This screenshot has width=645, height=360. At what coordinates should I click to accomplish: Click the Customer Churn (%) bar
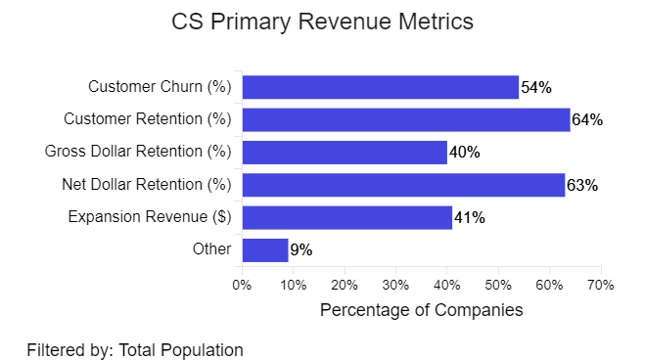pyautogui.click(x=380, y=87)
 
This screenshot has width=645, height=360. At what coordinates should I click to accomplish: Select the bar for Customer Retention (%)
pyautogui.click(x=405, y=119)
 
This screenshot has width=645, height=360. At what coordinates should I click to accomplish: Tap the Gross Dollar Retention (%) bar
pyautogui.click(x=344, y=152)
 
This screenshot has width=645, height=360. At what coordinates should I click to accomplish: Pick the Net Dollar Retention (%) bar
pyautogui.click(x=403, y=185)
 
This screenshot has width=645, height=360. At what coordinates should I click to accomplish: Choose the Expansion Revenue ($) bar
pyautogui.click(x=346, y=217)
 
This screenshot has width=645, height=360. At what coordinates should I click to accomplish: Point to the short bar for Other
pyautogui.click(x=264, y=249)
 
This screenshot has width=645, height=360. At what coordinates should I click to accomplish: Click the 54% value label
pyautogui.click(x=536, y=88)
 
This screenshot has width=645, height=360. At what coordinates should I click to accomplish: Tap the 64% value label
pyautogui.click(x=587, y=120)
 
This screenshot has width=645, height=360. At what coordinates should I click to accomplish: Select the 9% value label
pyautogui.click(x=300, y=250)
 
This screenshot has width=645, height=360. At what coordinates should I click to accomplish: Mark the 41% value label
pyautogui.click(x=469, y=218)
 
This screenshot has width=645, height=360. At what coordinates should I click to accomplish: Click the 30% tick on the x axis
pyautogui.click(x=395, y=285)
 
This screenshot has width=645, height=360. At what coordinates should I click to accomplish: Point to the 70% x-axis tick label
pyautogui.click(x=600, y=285)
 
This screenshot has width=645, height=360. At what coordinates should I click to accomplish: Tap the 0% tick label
pyautogui.click(x=242, y=285)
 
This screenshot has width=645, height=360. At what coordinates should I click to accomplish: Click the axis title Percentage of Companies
pyautogui.click(x=422, y=310)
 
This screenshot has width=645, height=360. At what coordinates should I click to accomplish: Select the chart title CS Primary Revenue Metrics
pyautogui.click(x=322, y=22)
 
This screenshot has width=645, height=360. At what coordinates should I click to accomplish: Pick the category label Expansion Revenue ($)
pyautogui.click(x=150, y=217)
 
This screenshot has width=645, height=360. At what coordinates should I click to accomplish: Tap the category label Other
pyautogui.click(x=212, y=249)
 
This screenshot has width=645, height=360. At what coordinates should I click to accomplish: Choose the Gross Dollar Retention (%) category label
pyautogui.click(x=138, y=152)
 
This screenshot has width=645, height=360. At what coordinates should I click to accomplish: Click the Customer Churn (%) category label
pyautogui.click(x=160, y=87)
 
